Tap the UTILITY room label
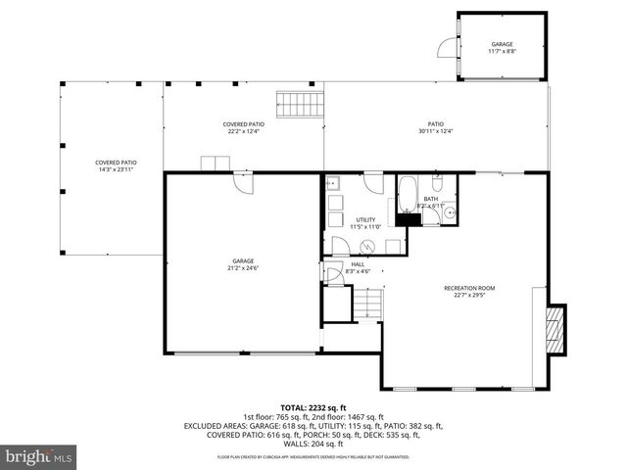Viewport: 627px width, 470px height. (x=365, y=219)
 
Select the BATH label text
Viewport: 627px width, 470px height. (x=431, y=199)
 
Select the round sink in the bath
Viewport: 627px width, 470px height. (x=450, y=211)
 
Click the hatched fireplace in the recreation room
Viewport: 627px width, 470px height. (x=554, y=328)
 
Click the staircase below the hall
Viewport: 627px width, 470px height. (x=364, y=307)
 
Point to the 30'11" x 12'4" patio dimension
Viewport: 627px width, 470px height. (x=435, y=131)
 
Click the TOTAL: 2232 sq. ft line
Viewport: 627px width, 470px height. (x=313, y=407)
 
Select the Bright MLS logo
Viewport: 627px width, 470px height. (x=40, y=456)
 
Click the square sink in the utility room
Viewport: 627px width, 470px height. (x=332, y=182)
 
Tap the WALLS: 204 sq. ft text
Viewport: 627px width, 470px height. (x=313, y=444)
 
